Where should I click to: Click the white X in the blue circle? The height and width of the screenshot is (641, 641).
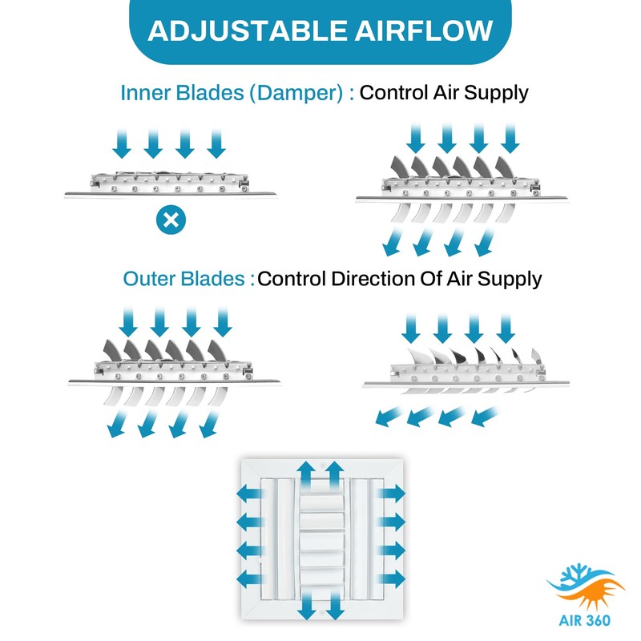coord(170,220)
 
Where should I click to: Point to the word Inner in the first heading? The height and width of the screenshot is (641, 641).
coord(143,93)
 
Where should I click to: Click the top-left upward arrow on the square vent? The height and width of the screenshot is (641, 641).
coord(305,471)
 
